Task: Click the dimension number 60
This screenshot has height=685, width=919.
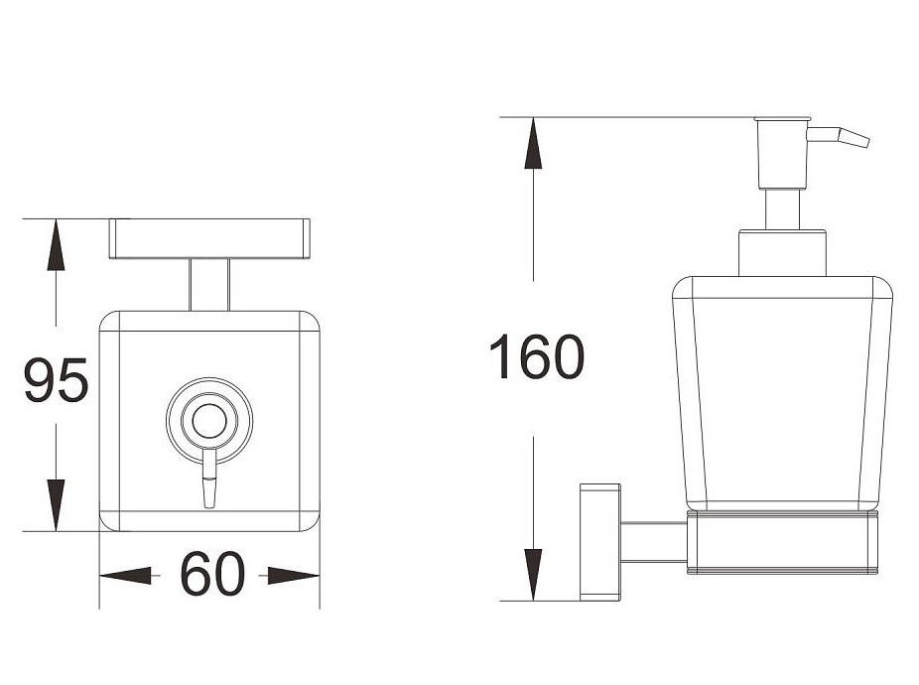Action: click(x=212, y=573)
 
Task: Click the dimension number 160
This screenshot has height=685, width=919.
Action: click(x=536, y=356)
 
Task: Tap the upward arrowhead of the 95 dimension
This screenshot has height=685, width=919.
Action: click(x=56, y=244)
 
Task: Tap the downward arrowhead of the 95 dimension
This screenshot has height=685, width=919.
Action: click(x=56, y=505)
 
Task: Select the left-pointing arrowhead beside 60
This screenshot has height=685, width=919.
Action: click(x=125, y=576)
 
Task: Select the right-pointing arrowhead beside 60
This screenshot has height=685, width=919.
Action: click(x=294, y=576)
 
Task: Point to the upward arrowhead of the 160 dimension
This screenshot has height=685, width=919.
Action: click(x=533, y=143)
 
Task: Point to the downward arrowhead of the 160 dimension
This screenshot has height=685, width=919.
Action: click(x=533, y=575)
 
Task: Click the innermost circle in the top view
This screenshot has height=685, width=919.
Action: click(x=209, y=421)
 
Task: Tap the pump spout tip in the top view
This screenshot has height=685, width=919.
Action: click(x=209, y=493)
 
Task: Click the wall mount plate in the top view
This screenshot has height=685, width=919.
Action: click(x=209, y=238)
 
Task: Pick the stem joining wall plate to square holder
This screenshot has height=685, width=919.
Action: click(x=209, y=285)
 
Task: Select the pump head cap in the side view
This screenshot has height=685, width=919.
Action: click(x=783, y=153)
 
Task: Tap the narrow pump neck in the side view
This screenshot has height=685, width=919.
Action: click(x=783, y=209)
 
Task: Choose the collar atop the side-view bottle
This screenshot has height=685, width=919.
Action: click(x=782, y=253)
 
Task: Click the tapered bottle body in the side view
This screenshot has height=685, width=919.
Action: click(x=782, y=393)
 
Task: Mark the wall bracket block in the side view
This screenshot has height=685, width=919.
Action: click(x=600, y=542)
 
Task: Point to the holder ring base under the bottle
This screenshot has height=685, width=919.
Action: click(x=782, y=542)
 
